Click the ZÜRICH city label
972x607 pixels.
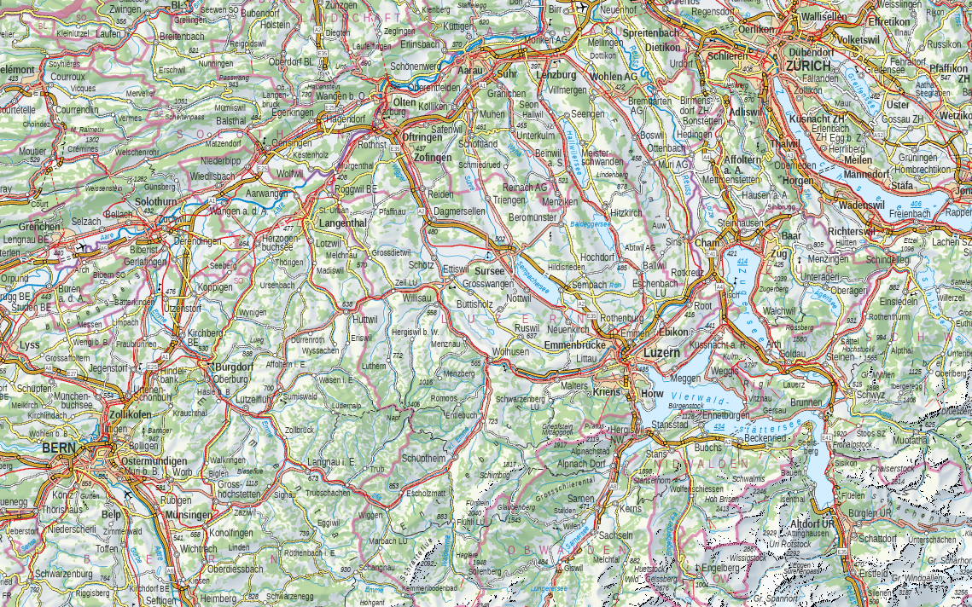click(x=808, y=66)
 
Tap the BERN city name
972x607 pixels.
click(x=59, y=448)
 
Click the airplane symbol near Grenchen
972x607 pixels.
click(x=81, y=247)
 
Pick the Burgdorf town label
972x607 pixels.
click(x=233, y=367)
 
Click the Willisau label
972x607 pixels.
click(x=418, y=299)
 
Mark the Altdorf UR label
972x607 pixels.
click(x=812, y=523)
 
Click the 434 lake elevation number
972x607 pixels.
click(x=719, y=425)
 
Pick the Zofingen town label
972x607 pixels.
click(x=433, y=158)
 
